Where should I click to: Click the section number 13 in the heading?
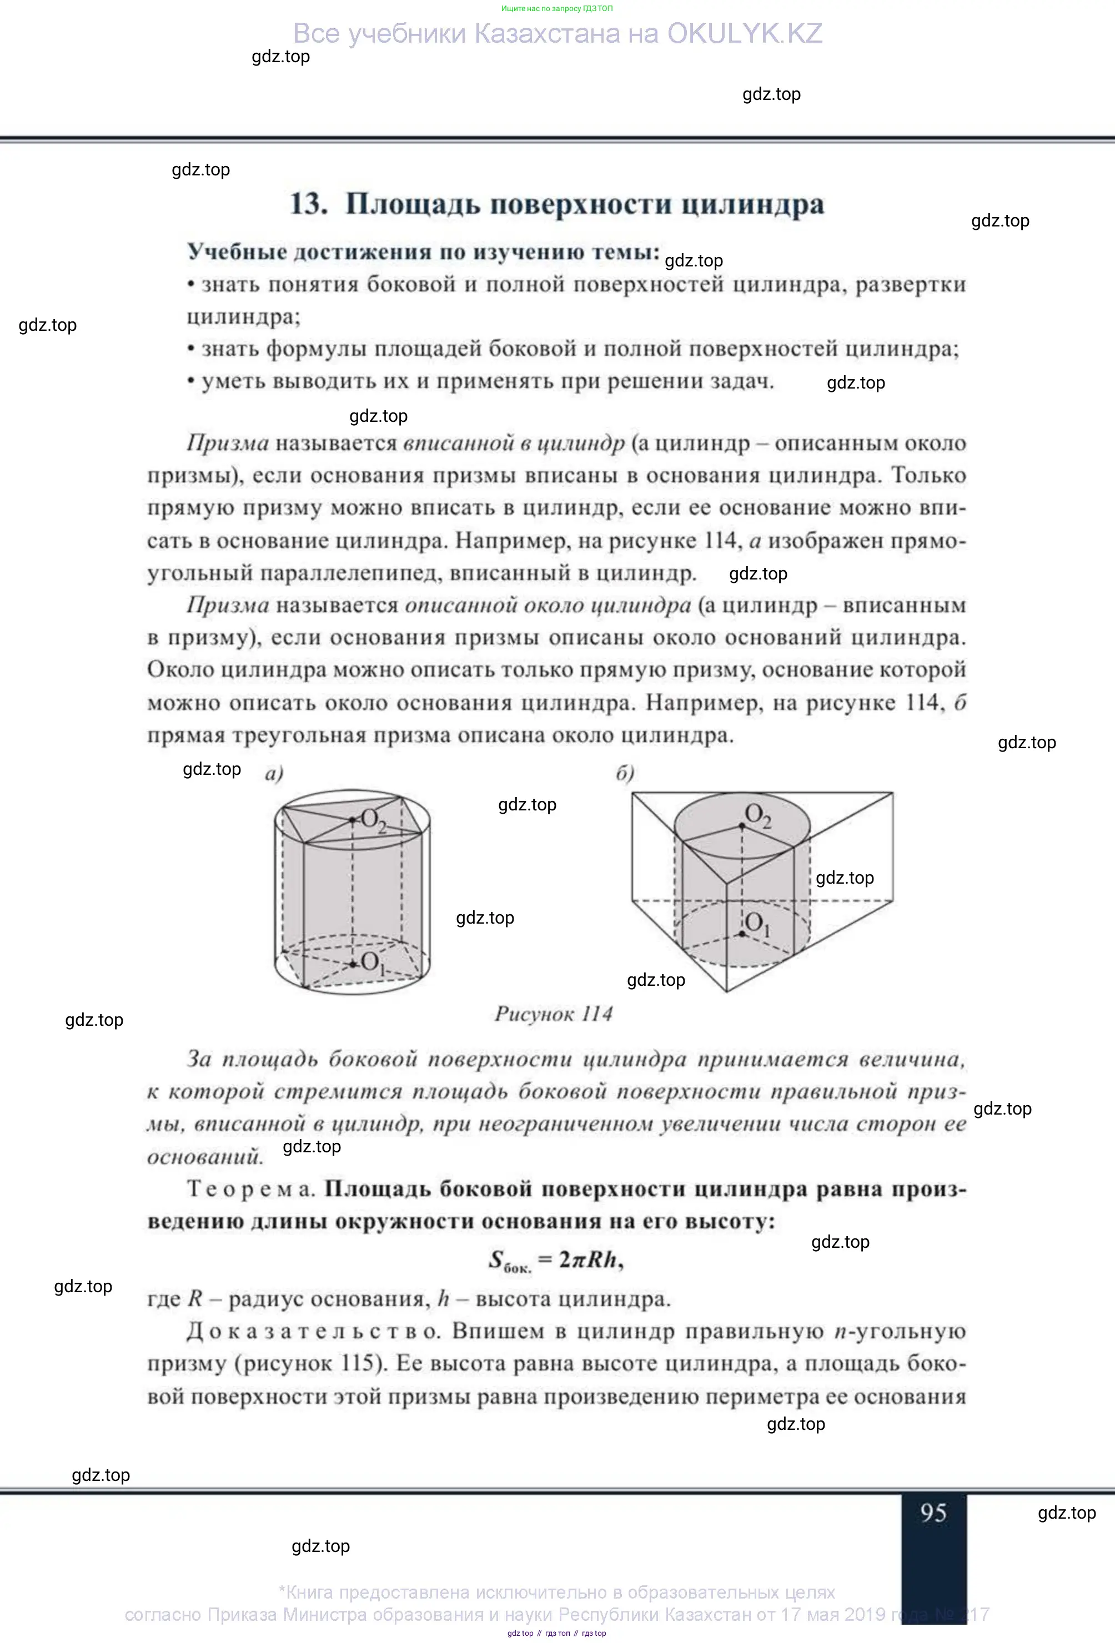pyautogui.click(x=308, y=204)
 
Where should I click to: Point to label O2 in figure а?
pyautogui.click(x=373, y=821)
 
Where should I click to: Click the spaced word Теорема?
pyautogui.click(x=250, y=1189)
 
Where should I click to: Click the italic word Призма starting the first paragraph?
pyautogui.click(x=228, y=443)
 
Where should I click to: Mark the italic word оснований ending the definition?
pyautogui.click(x=205, y=1157)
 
